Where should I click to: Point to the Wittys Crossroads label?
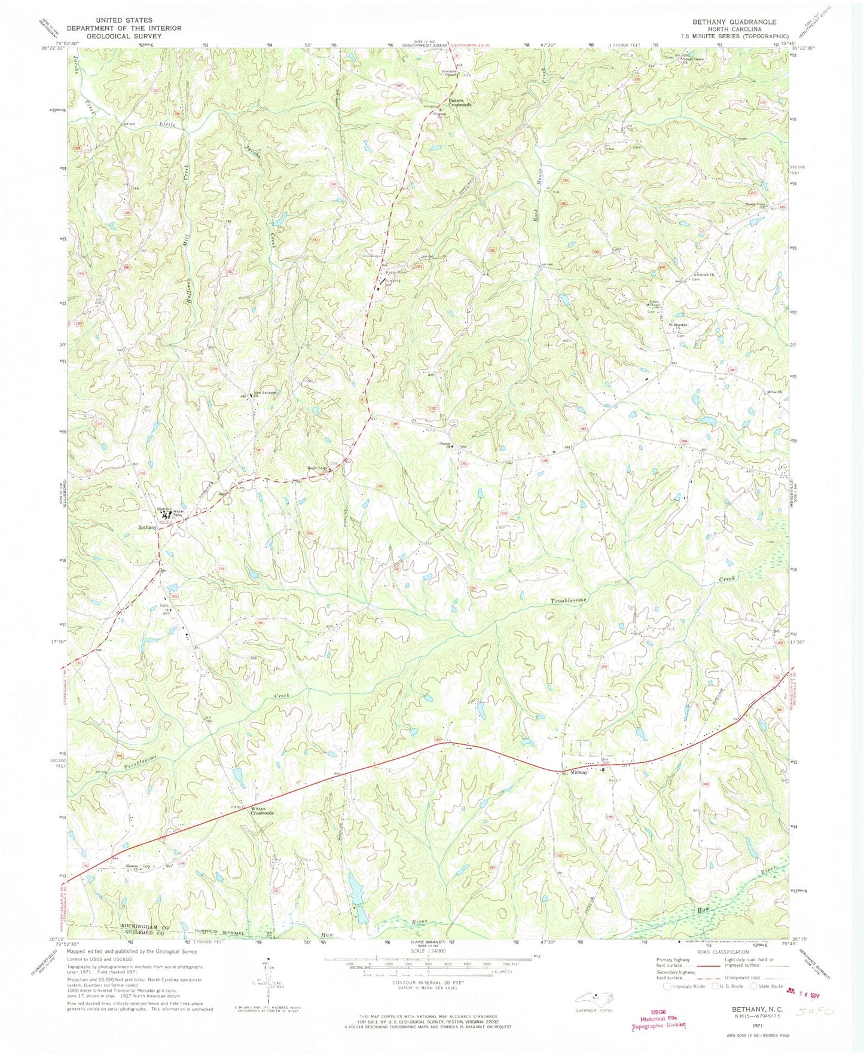262,811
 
